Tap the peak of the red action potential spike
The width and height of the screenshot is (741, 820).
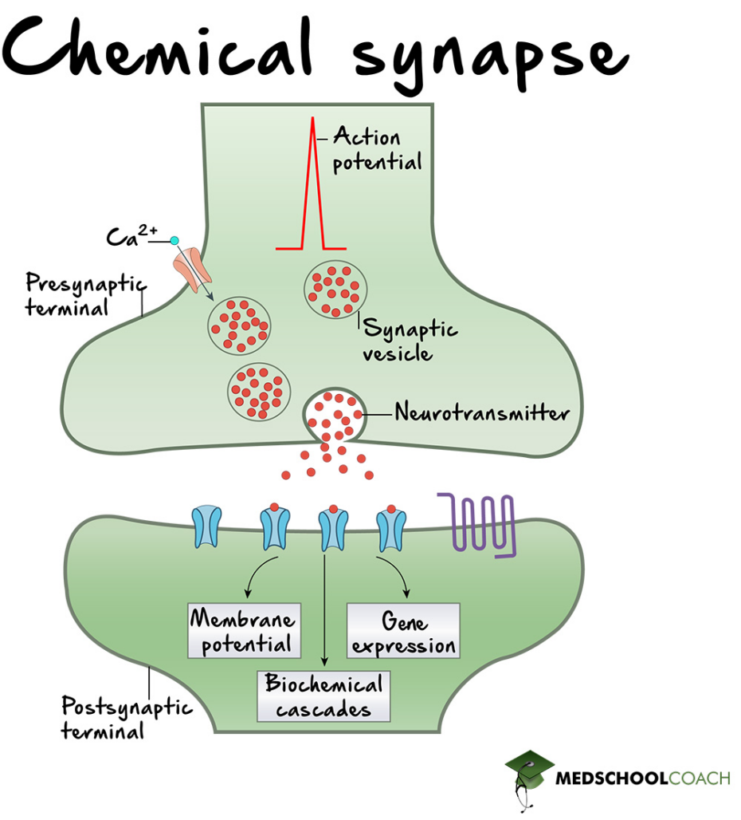pyautogui.click(x=312, y=121)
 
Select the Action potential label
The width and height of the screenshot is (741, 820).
pyautogui.click(x=376, y=149)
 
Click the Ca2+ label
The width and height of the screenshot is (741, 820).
pyautogui.click(x=131, y=236)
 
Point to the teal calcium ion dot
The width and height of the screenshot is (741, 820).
pyautogui.click(x=174, y=240)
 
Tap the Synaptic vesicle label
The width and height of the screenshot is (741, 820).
pyautogui.click(x=410, y=341)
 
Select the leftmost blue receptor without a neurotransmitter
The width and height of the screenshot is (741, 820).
pyautogui.click(x=206, y=527)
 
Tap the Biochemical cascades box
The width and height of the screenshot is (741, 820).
pyautogui.click(x=323, y=696)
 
